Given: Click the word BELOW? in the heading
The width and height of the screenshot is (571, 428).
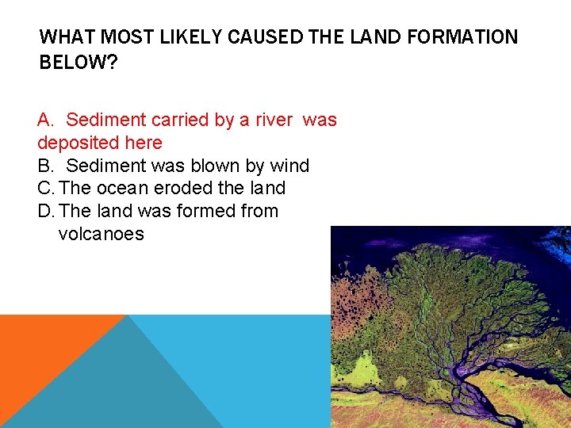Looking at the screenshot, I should click(x=78, y=63).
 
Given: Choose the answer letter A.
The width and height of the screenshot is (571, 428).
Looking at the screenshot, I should click(x=45, y=120).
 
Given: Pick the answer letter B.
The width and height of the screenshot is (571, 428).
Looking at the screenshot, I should click(x=44, y=166).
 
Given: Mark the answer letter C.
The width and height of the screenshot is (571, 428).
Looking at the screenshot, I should click(x=44, y=189).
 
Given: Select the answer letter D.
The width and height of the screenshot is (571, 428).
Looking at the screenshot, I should click(x=44, y=212).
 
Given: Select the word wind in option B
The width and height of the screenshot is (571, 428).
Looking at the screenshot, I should click(x=289, y=166).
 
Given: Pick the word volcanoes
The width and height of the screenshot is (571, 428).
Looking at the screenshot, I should click(x=101, y=235).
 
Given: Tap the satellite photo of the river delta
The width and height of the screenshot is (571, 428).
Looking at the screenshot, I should click(x=450, y=327).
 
